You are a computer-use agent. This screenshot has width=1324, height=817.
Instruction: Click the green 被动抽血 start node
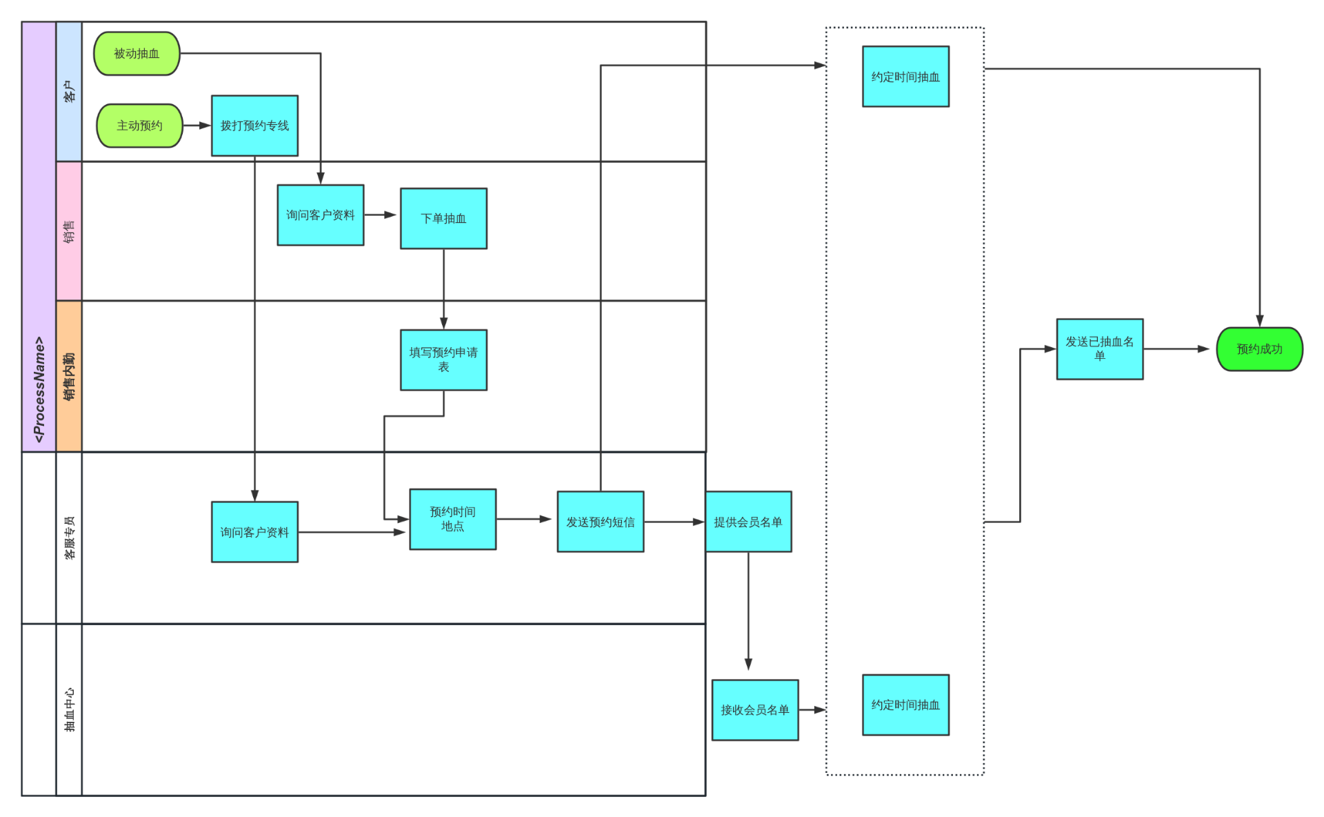click(x=137, y=53)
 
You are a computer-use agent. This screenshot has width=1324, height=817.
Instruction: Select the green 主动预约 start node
click(x=139, y=126)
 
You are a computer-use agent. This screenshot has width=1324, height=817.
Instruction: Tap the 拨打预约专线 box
click(x=254, y=126)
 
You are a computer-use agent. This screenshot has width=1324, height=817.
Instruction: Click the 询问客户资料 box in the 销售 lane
click(x=320, y=215)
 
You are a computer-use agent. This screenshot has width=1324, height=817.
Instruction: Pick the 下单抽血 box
click(x=443, y=218)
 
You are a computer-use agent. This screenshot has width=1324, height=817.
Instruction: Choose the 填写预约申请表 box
click(x=443, y=360)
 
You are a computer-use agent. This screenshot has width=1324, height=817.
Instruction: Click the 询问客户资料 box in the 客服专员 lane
click(x=254, y=532)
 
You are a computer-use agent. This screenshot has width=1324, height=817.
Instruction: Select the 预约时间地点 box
click(x=452, y=519)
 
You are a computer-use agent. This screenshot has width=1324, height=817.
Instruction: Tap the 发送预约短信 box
click(x=600, y=522)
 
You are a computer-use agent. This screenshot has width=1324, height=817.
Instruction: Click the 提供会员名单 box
click(x=748, y=522)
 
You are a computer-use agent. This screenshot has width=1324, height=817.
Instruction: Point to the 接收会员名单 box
click(x=755, y=709)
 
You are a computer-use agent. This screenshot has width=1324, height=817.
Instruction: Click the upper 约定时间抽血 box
click(x=905, y=77)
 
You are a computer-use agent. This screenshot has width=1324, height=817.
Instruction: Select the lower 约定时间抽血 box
click(x=905, y=705)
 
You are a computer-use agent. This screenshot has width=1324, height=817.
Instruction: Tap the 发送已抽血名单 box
click(x=1099, y=348)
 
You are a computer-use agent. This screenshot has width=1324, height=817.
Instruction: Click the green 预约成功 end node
click(x=1259, y=349)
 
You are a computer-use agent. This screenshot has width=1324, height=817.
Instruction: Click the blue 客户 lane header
click(x=69, y=92)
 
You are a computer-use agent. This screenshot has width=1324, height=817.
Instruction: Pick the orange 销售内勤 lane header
click(x=69, y=376)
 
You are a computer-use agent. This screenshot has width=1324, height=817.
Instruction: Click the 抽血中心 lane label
click(x=69, y=709)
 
